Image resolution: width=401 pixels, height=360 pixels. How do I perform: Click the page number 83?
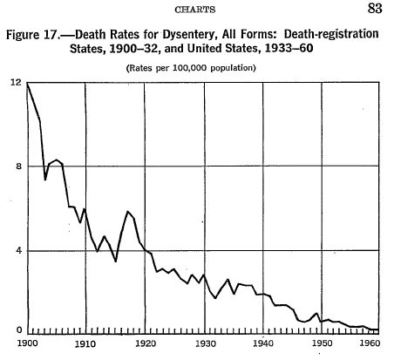pos(375,8)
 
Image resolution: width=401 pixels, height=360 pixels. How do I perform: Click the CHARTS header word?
pos(195,10)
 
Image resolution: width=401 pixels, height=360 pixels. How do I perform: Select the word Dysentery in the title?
pos(189,35)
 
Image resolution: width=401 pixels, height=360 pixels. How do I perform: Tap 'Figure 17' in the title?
pos(32,35)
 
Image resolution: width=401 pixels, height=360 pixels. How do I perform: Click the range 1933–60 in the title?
pos(289,48)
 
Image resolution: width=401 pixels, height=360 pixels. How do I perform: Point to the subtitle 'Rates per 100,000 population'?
pos(191,68)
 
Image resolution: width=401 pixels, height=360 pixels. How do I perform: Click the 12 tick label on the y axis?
pos(17,83)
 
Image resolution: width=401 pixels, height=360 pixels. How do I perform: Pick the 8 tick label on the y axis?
pos(19,166)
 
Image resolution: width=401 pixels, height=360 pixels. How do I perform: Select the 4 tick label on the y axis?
pos(19,250)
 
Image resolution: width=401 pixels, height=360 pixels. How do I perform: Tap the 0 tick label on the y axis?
pos(19,330)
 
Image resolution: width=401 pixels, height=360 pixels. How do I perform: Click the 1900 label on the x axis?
pos(28,343)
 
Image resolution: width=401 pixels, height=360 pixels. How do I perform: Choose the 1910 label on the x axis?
pos(85,343)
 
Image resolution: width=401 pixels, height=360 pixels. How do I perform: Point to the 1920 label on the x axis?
pos(146,343)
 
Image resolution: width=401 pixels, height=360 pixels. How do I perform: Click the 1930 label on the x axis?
pos(206,343)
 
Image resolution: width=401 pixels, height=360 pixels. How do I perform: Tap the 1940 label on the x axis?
pos(263,343)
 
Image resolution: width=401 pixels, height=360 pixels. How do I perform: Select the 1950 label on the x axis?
pos(322,343)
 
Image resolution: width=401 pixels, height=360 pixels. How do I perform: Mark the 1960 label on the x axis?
pos(370,343)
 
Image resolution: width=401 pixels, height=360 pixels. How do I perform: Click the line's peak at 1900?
pos(28,84)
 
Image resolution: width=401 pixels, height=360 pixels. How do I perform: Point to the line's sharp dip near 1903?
pos(45,180)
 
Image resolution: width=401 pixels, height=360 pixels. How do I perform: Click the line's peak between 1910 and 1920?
pos(127,211)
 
